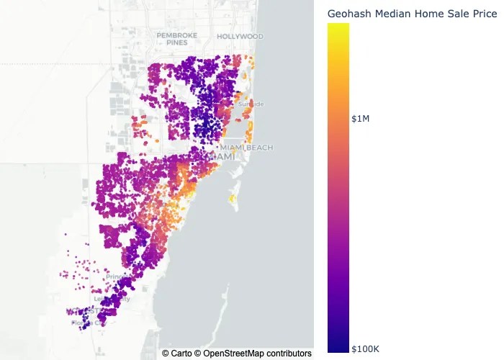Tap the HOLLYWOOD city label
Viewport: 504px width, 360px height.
[x=240, y=36]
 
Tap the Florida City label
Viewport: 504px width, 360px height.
[x=89, y=323]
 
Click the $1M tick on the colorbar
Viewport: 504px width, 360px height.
[x=360, y=119]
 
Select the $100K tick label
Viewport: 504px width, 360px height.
[x=365, y=349]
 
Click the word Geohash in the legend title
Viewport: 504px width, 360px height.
[x=348, y=14]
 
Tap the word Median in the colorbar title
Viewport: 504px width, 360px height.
[x=392, y=14]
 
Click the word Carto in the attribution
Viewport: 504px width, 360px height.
[x=181, y=354]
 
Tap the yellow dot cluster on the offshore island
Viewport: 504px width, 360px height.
[x=233, y=198]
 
